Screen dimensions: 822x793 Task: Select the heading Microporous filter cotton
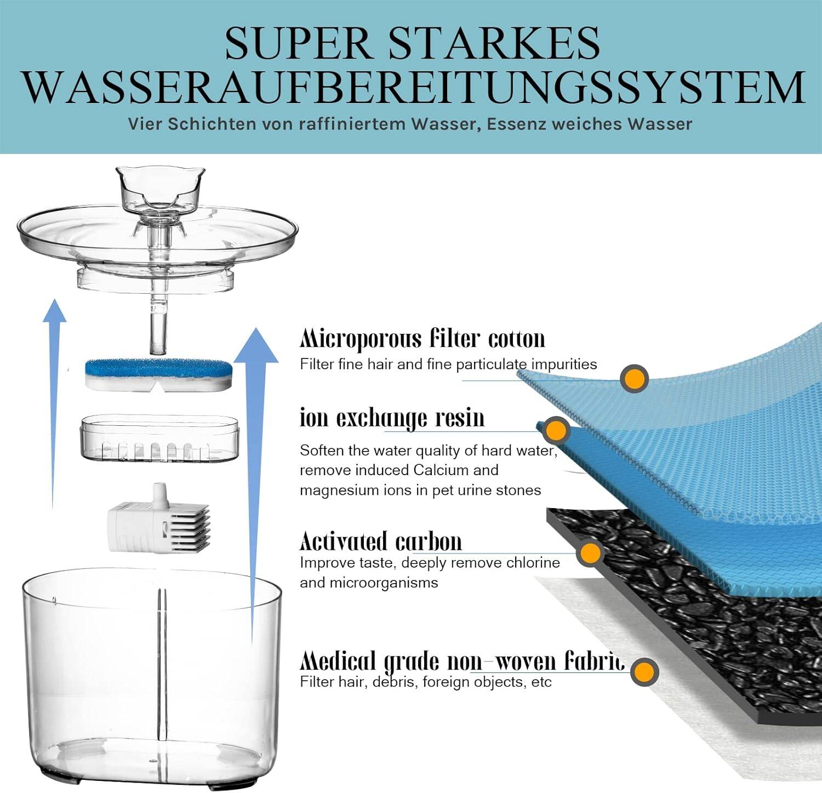click(x=423, y=339)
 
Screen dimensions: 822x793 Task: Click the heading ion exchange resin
click(x=392, y=418)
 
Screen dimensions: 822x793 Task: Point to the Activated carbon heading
click(x=381, y=541)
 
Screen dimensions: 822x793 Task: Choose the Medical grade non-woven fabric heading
click(x=462, y=661)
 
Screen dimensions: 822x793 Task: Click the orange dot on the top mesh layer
click(x=635, y=378)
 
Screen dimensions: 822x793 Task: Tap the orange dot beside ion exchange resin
click(x=556, y=430)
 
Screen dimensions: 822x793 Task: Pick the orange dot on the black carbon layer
click(x=590, y=553)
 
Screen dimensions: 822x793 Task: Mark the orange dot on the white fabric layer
click(x=644, y=671)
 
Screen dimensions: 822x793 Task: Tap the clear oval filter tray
click(x=160, y=437)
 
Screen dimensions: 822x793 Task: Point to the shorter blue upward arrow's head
click(x=54, y=310)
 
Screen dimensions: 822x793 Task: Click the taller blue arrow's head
click(x=256, y=345)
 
